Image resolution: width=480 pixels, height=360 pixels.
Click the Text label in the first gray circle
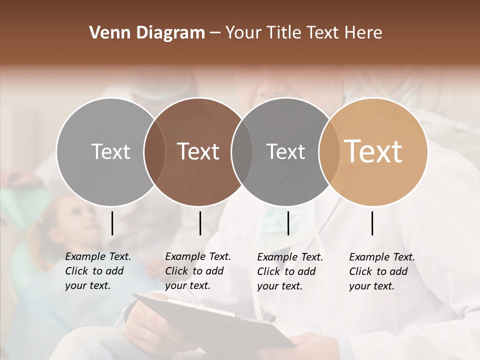click(x=110, y=151)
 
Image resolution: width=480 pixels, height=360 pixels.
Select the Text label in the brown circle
click(x=198, y=151)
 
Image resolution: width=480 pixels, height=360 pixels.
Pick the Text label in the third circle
click(x=285, y=151)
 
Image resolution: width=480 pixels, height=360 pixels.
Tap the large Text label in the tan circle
click(x=373, y=151)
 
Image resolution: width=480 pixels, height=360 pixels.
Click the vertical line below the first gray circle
click(x=112, y=223)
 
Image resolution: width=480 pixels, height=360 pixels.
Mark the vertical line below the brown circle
click(x=200, y=223)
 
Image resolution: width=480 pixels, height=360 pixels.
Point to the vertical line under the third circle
click(x=288, y=223)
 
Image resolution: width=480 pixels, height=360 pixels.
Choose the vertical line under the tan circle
click(x=372, y=223)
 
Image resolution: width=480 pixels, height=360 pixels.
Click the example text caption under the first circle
click(x=97, y=271)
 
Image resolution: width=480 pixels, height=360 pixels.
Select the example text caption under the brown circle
click(x=197, y=271)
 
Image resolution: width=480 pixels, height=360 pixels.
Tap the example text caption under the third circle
click(x=289, y=271)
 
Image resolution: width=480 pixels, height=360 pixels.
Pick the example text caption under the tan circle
click(x=381, y=271)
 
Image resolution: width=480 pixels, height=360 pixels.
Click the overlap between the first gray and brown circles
click(x=154, y=151)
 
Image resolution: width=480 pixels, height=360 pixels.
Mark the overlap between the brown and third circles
click(x=242, y=151)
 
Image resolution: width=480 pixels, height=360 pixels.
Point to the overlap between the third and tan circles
click(x=328, y=151)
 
